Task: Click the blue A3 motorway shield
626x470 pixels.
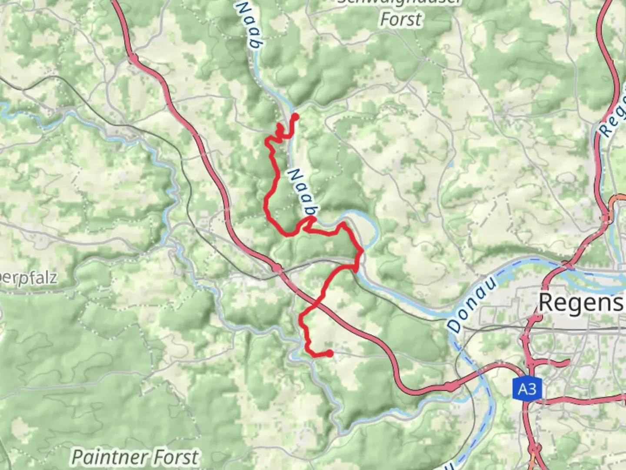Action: [x=527, y=389]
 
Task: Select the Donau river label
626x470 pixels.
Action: [x=472, y=304]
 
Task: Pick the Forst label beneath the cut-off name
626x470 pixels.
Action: [x=401, y=20]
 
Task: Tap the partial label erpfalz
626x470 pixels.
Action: [x=28, y=277]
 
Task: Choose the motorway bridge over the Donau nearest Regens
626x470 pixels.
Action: [x=565, y=264]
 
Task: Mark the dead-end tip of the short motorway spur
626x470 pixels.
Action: [x=568, y=361]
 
